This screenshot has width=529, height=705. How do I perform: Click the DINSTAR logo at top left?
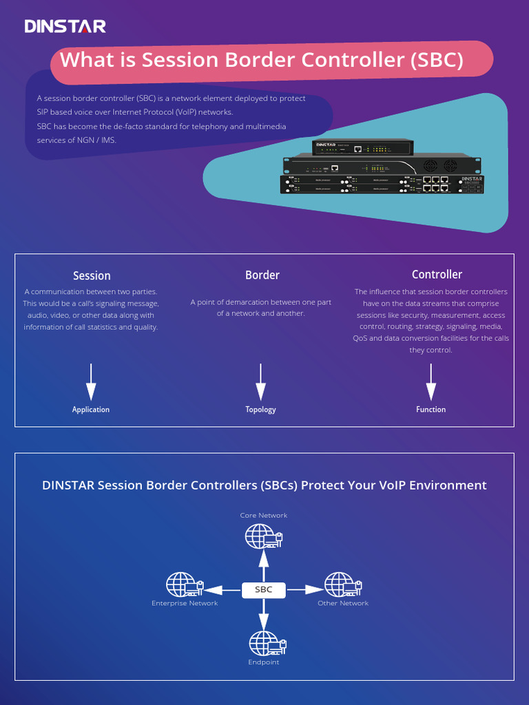click(x=65, y=27)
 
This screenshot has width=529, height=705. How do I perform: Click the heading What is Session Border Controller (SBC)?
click(x=261, y=60)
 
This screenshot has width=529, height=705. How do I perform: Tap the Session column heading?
click(x=92, y=275)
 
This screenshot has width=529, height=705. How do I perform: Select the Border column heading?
click(x=262, y=275)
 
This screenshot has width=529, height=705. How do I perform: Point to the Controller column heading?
click(x=437, y=274)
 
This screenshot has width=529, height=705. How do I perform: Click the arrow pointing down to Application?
click(x=91, y=382)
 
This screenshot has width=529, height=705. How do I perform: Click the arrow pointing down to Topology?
click(x=260, y=382)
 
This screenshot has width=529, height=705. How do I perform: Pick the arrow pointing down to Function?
click(x=431, y=382)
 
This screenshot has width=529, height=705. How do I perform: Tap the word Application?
click(x=91, y=410)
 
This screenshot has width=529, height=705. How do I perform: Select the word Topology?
click(x=260, y=410)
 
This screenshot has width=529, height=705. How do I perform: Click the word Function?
click(x=431, y=410)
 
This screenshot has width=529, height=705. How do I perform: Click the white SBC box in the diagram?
click(x=264, y=589)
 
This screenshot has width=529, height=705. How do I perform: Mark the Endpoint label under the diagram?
click(x=264, y=662)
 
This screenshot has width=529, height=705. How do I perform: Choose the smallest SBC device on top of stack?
click(x=362, y=147)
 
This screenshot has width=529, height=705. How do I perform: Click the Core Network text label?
click(x=264, y=515)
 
